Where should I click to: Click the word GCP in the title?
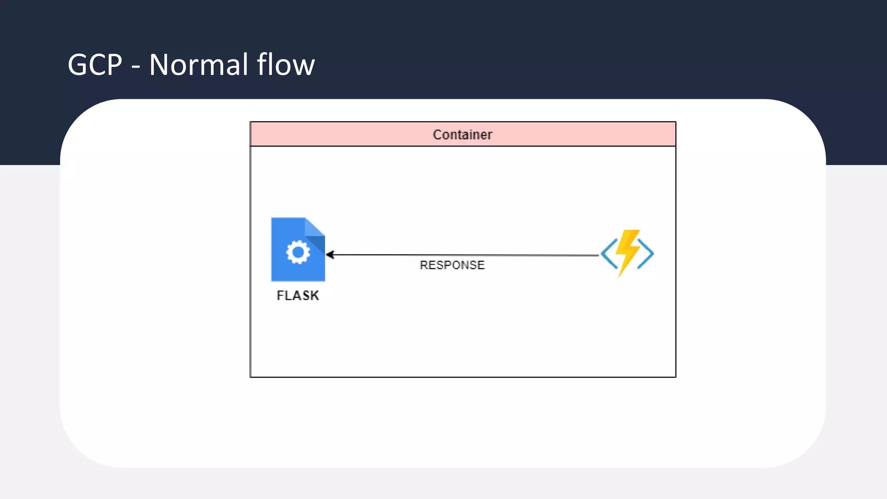95,65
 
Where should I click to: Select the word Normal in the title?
199,65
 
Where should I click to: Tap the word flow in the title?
286,65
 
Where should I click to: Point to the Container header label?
463,135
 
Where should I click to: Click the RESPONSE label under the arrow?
452,265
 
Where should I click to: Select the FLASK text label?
298,295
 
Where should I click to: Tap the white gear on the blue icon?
298,253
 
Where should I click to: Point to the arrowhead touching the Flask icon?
330,255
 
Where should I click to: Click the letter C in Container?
437,135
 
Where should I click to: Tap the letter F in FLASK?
280,295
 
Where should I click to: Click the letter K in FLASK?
315,295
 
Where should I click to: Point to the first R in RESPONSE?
424,265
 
